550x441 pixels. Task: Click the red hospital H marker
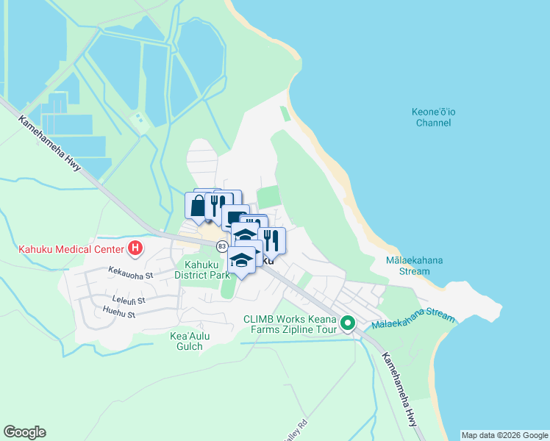(x=135, y=248)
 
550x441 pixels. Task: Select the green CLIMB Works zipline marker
(x=348, y=323)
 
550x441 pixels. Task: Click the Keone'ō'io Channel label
(x=433, y=117)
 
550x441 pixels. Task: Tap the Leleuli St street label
(x=129, y=300)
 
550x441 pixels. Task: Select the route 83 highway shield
(x=221, y=245)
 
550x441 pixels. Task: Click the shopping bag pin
(x=198, y=205)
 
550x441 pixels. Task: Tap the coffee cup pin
(x=235, y=218)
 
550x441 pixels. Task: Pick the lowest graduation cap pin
(x=241, y=259)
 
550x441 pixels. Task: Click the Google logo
(x=24, y=432)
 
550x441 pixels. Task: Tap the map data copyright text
(x=504, y=435)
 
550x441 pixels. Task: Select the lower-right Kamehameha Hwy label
(x=399, y=390)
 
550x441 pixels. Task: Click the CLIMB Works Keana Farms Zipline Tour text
(x=291, y=325)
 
